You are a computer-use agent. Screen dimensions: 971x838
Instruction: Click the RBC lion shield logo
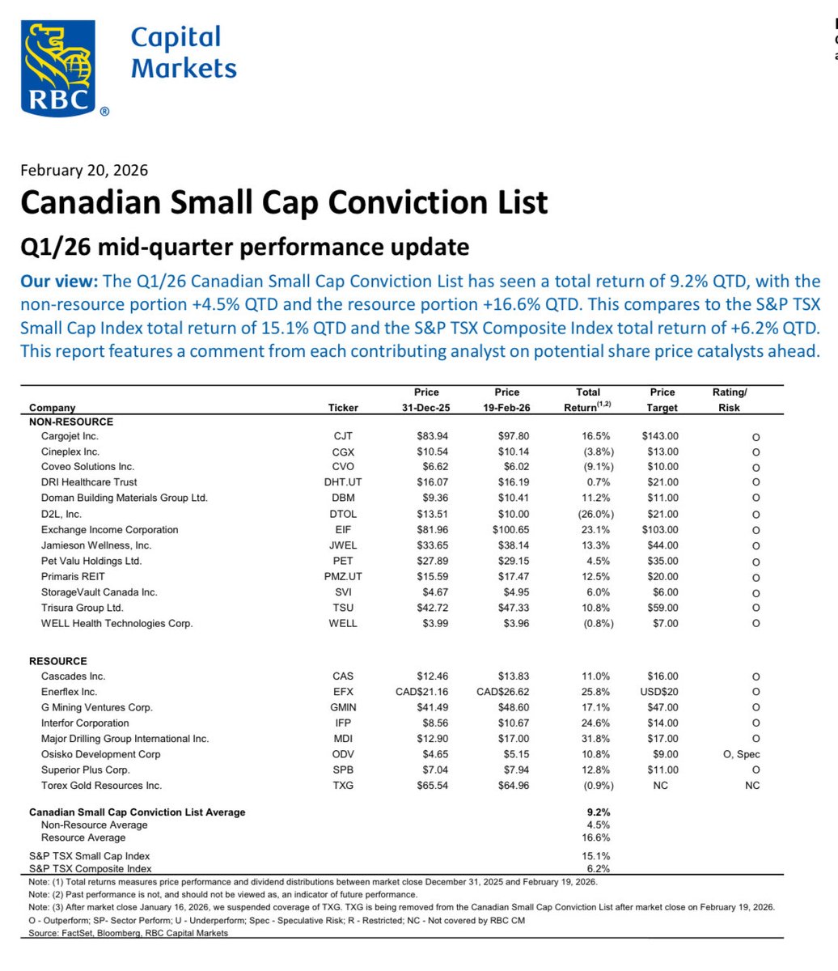click(x=58, y=68)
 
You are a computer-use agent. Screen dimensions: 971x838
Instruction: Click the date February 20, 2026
click(x=84, y=170)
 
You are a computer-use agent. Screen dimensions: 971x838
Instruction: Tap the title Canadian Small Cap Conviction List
click(x=284, y=202)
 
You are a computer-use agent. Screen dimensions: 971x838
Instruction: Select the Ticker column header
click(x=343, y=408)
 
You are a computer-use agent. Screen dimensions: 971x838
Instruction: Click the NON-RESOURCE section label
click(x=71, y=422)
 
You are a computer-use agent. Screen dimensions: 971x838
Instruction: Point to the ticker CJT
click(x=343, y=436)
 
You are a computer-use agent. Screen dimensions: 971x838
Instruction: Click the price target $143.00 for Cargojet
click(x=659, y=436)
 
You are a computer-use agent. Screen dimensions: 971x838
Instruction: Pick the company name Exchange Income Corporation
click(x=110, y=530)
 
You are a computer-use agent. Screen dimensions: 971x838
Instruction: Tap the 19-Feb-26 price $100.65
click(x=506, y=530)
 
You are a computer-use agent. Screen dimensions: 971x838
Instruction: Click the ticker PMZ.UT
click(x=343, y=577)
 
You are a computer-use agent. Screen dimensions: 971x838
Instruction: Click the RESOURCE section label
click(x=58, y=661)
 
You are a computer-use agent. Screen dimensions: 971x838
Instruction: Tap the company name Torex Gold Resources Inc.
click(x=101, y=786)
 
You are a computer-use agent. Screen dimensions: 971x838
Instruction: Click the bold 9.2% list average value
click(x=599, y=812)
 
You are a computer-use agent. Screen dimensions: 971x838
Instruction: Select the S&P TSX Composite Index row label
click(x=91, y=867)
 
